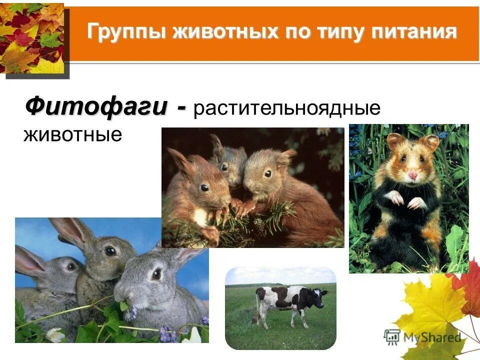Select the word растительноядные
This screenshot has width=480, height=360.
[287, 109]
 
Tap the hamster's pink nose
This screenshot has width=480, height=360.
[412, 175]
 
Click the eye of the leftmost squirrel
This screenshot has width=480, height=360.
[204, 187]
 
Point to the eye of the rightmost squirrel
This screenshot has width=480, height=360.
[268, 173]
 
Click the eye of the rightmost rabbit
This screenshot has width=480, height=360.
[156, 274]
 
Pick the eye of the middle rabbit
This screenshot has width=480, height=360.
[110, 250]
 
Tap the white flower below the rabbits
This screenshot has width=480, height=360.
[55, 334]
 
